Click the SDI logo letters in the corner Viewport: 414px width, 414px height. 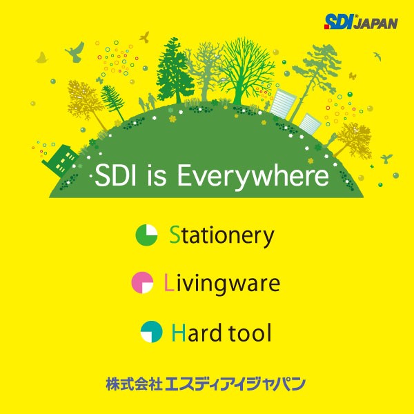tap(339, 21)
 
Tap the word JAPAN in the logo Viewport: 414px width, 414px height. tap(376, 23)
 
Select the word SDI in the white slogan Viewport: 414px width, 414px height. tap(115, 175)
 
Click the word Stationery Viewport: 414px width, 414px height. tap(221, 236)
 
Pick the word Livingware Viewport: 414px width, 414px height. tap(221, 284)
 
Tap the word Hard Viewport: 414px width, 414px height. tap(197, 333)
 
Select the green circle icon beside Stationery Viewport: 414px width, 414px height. tap(146, 235)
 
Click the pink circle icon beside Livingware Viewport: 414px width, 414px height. tap(142, 283)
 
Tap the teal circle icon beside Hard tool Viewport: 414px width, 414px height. tap(151, 332)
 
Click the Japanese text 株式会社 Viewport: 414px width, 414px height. tap(134, 384)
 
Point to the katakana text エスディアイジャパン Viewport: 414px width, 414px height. tap(235, 384)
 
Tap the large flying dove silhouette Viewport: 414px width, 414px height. tap(75, 52)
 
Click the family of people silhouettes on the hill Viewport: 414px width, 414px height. tap(148, 102)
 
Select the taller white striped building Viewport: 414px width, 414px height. tap(282, 103)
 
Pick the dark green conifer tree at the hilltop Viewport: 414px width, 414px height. tap(175, 70)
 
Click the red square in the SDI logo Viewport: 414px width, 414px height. tap(327, 27)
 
